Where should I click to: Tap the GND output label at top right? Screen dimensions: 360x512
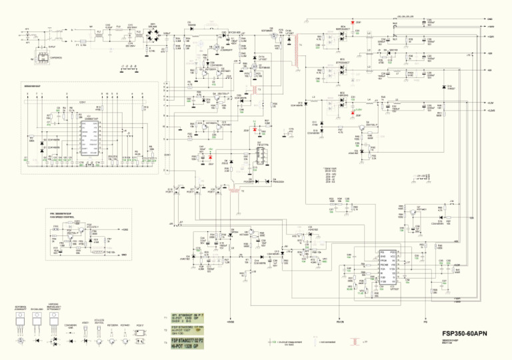[x=490, y=19]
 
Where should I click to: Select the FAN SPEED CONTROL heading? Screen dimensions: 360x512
[x=63, y=217]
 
